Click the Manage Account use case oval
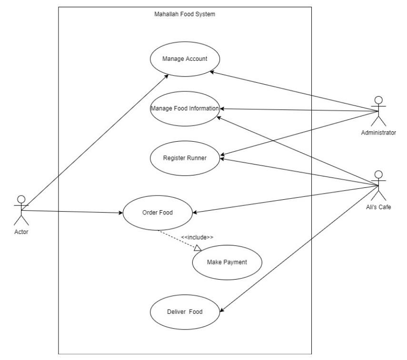point(185,59)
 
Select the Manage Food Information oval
point(185,108)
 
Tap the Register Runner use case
point(185,158)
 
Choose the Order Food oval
point(158,213)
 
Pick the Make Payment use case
point(227,262)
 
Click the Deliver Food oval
point(185,312)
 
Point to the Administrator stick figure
point(378,111)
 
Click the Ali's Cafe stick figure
point(378,185)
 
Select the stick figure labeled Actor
point(20,210)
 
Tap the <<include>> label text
point(197,237)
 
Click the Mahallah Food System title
point(185,14)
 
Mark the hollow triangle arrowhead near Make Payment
point(198,248)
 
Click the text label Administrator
point(378,133)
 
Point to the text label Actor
point(21,232)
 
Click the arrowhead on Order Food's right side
point(196,212)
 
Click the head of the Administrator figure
point(378,100)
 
